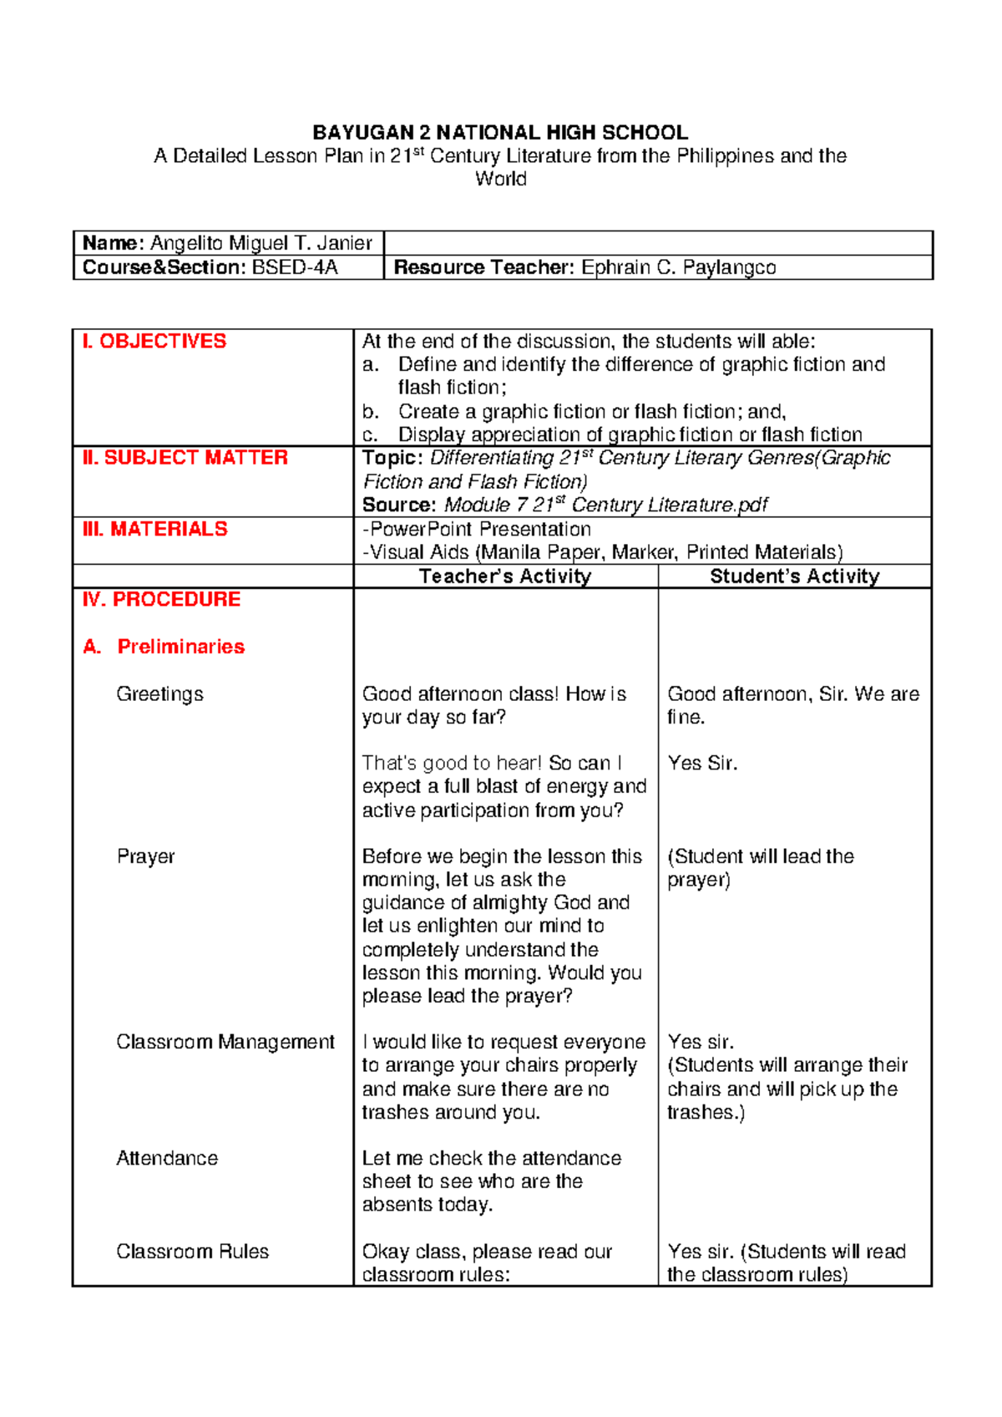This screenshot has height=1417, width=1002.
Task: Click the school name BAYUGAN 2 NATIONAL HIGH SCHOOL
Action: pyautogui.click(x=500, y=132)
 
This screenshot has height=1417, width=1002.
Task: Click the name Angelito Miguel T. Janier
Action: pyautogui.click(x=261, y=243)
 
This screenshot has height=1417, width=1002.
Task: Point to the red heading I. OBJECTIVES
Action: pyautogui.click(x=154, y=341)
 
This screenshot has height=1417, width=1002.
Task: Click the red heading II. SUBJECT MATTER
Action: pyautogui.click(x=185, y=457)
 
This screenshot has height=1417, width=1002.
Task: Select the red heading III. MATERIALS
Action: pyautogui.click(x=155, y=529)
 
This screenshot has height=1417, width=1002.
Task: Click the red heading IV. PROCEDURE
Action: pyautogui.click(x=161, y=599)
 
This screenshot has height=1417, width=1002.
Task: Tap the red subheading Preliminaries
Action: pyautogui.click(x=180, y=647)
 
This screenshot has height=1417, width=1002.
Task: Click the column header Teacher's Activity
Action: pyautogui.click(x=505, y=576)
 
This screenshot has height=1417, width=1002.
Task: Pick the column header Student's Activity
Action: pyautogui.click(x=794, y=576)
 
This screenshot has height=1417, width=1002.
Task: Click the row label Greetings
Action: pyautogui.click(x=159, y=694)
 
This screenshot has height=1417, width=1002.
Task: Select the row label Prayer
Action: pyautogui.click(x=145, y=856)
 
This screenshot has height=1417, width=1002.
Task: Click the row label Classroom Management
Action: pyautogui.click(x=225, y=1042)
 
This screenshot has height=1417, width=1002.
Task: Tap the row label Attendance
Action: pyautogui.click(x=167, y=1158)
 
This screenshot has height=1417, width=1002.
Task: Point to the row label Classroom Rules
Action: pyautogui.click(x=192, y=1252)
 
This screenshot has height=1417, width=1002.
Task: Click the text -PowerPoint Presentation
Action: pyautogui.click(x=476, y=530)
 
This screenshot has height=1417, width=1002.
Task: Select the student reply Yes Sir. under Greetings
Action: pyautogui.click(x=702, y=763)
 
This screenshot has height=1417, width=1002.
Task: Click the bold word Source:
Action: pyautogui.click(x=398, y=505)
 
